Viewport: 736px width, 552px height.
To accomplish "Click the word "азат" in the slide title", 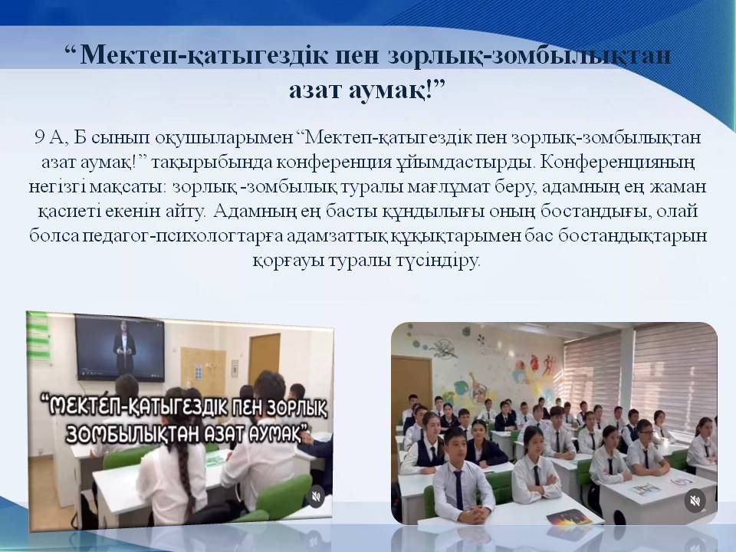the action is click(315, 89).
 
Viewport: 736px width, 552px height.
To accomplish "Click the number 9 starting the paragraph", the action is click(39, 137).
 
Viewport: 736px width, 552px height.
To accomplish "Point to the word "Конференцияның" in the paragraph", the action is click(617, 162).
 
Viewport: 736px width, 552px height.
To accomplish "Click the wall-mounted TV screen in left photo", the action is click(120, 349).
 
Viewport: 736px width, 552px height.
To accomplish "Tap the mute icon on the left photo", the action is click(316, 497).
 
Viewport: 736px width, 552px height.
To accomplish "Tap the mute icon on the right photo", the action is click(695, 501).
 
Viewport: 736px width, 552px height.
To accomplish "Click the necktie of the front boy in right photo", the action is click(458, 490).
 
